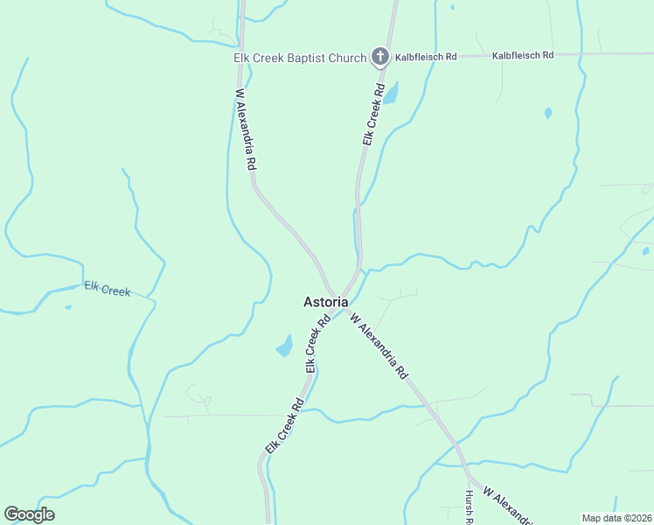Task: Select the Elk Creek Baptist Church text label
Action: click(x=299, y=59)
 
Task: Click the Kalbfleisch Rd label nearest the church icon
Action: click(x=426, y=56)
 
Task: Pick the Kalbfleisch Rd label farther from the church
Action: click(x=523, y=55)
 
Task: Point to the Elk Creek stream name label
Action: click(x=108, y=289)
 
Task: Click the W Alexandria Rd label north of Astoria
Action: click(x=246, y=129)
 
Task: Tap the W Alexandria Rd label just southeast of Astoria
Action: click(x=379, y=346)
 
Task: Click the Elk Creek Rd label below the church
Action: click(x=373, y=115)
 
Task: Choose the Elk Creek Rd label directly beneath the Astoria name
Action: click(x=317, y=345)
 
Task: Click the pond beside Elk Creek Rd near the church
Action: click(x=391, y=93)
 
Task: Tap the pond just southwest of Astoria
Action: click(x=285, y=346)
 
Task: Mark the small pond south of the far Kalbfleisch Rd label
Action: click(x=548, y=113)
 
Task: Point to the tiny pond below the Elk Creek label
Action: click(x=68, y=307)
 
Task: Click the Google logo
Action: click(x=29, y=514)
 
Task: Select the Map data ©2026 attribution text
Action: click(x=616, y=517)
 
